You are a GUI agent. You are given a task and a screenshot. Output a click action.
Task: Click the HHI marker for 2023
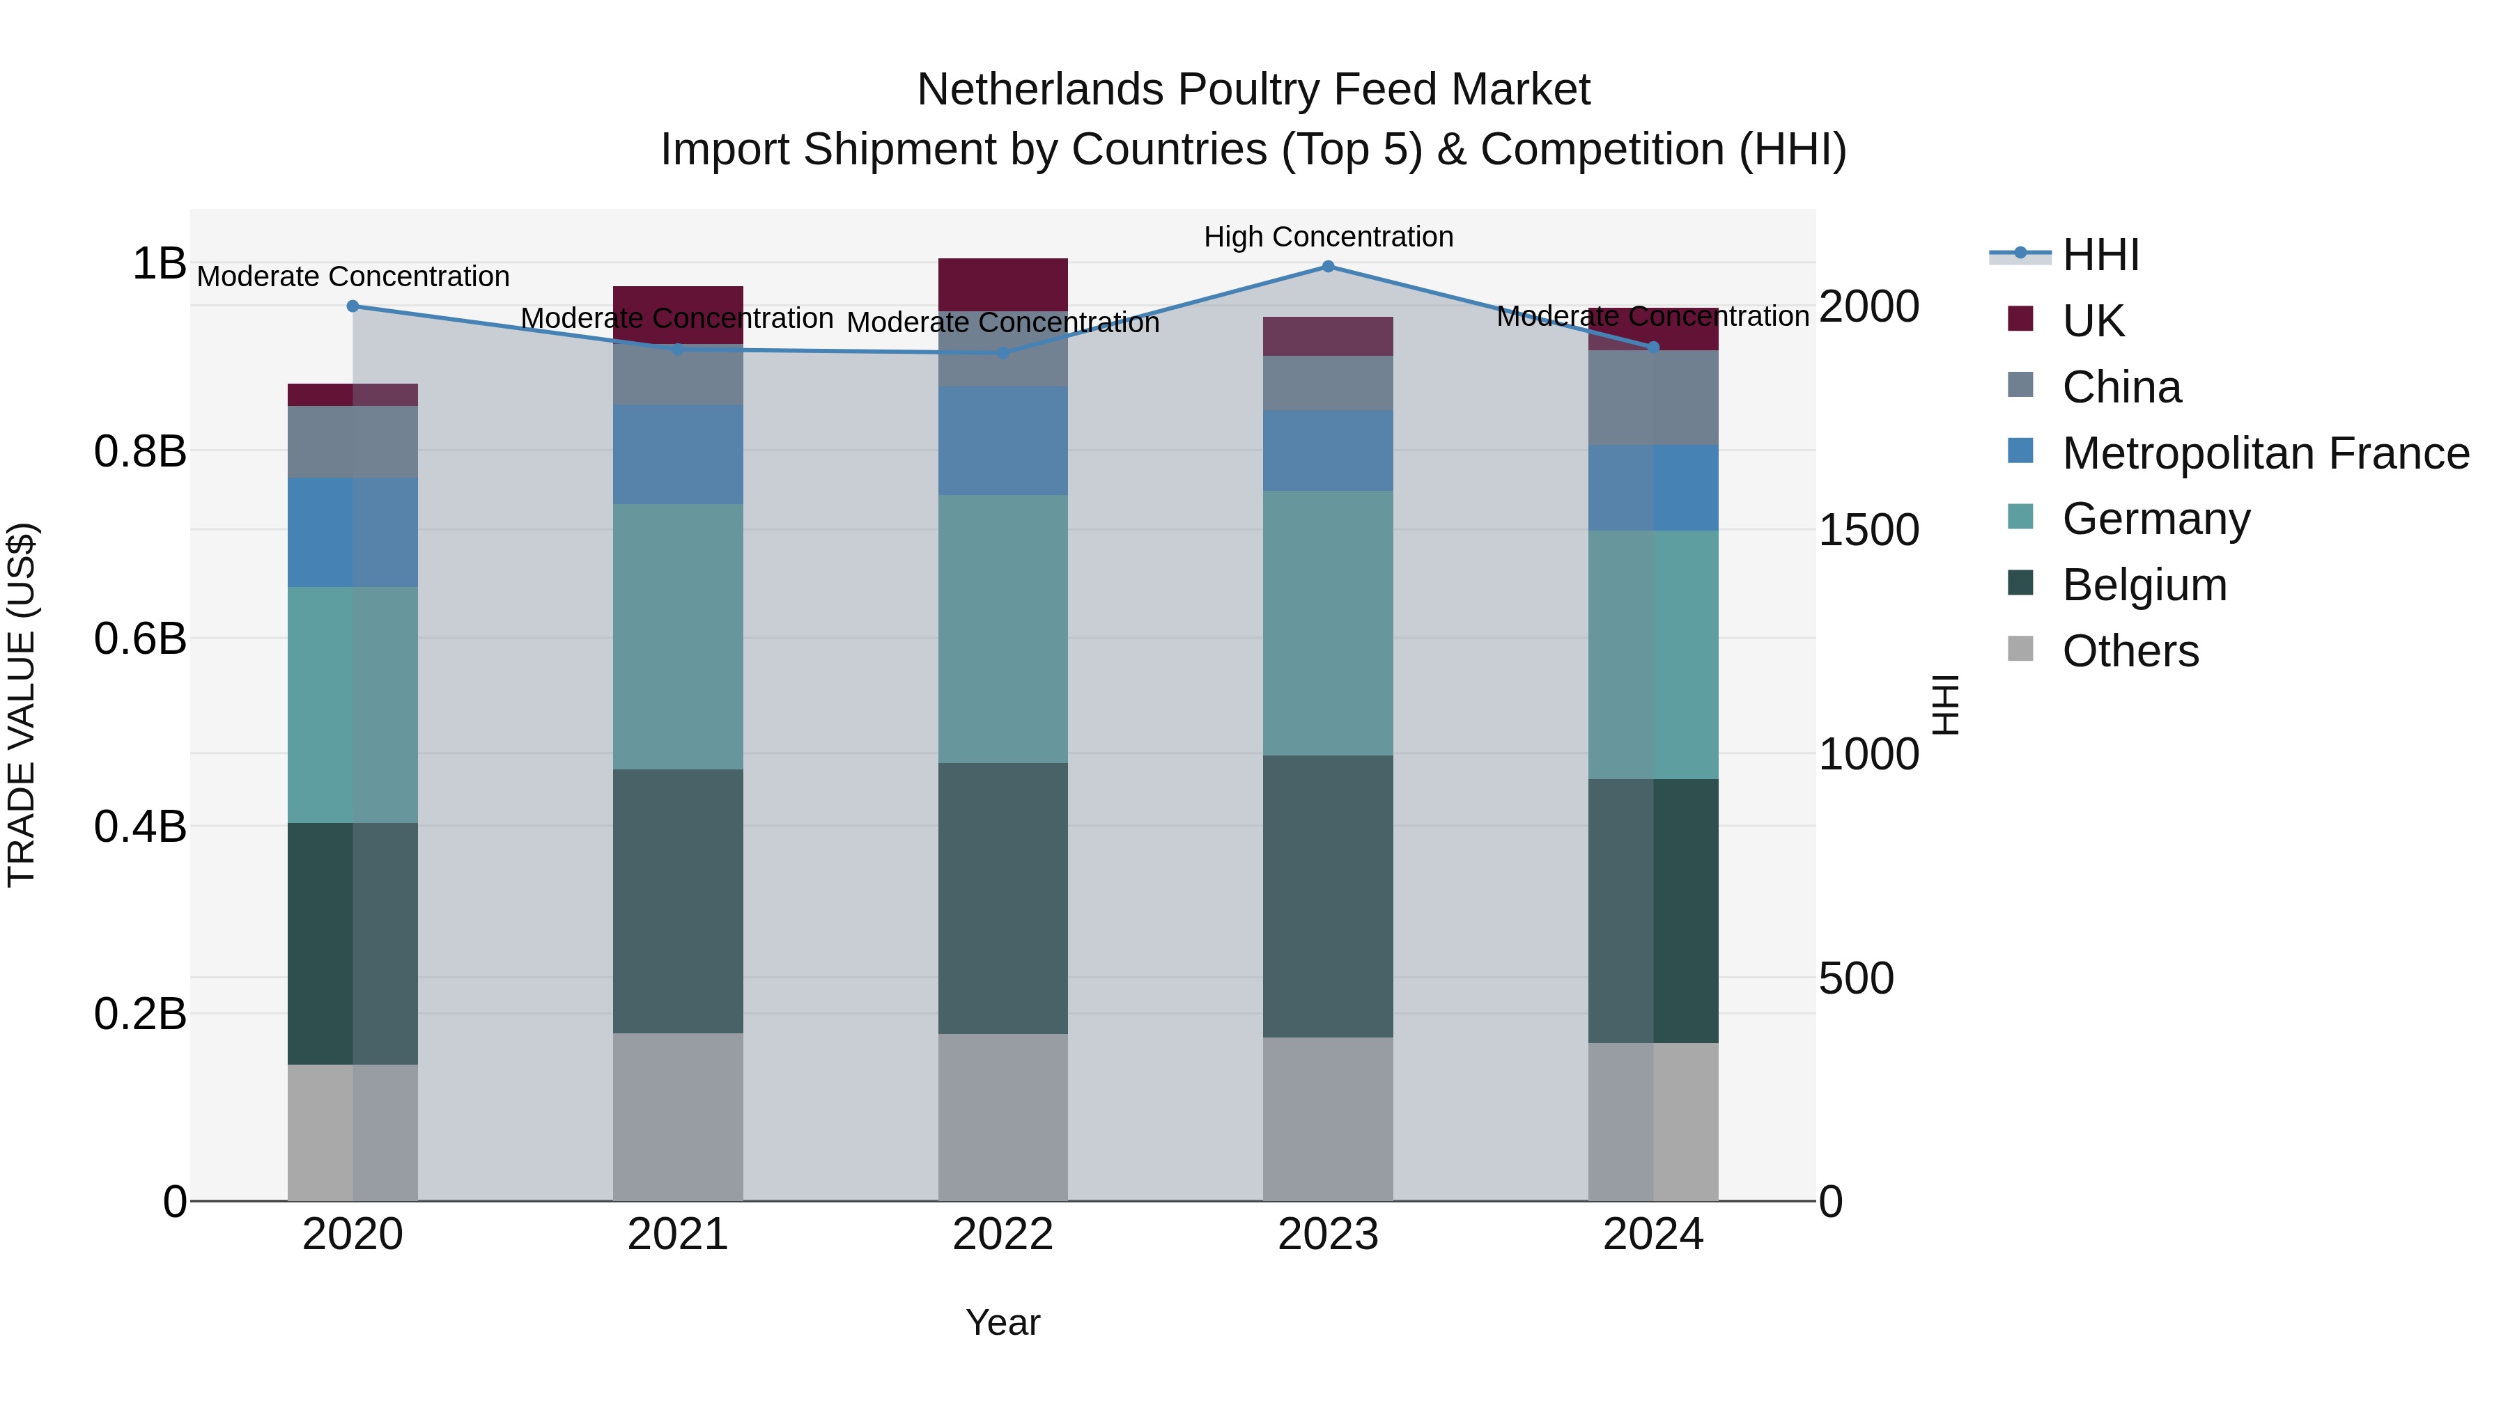(x=1327, y=267)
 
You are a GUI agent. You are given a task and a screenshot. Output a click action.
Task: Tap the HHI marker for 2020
(x=353, y=306)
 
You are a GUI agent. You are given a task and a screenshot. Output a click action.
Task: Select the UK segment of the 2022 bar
(x=1003, y=284)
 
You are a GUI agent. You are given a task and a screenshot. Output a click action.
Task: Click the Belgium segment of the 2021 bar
(x=678, y=901)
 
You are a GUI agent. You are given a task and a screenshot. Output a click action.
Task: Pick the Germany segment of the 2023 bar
(x=1327, y=622)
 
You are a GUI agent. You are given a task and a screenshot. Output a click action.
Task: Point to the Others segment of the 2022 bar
(x=1003, y=1117)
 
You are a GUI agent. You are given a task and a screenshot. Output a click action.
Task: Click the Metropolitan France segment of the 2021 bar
(x=678, y=455)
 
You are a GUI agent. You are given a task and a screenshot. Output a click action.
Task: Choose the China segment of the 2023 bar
(x=1327, y=382)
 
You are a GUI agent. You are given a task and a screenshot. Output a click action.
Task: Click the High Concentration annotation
(x=1328, y=237)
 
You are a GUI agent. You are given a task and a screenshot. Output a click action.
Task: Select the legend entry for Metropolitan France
(x=2265, y=453)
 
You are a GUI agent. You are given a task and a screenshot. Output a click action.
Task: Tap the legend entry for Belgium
(x=2144, y=585)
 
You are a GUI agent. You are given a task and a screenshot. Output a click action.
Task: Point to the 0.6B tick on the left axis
(x=140, y=639)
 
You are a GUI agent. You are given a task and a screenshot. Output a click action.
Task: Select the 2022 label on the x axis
(x=1003, y=1235)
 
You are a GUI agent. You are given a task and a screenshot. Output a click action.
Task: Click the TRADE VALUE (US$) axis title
(x=22, y=705)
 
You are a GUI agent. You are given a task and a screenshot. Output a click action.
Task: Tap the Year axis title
(x=1003, y=1322)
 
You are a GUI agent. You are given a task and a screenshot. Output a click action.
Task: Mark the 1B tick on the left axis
(x=159, y=264)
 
